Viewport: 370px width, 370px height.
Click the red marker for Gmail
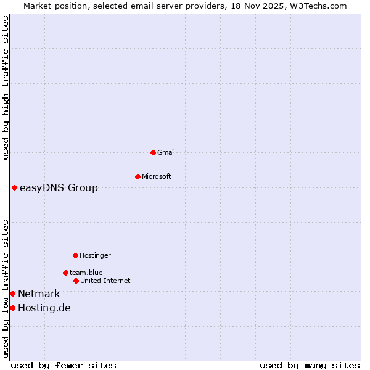coord(154,152)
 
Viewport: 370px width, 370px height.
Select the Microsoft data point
coord(138,176)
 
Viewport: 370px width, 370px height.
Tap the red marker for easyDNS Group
coord(14,187)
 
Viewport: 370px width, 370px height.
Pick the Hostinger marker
coord(75,255)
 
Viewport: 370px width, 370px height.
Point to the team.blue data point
coord(65,273)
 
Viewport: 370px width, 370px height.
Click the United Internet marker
coord(76,281)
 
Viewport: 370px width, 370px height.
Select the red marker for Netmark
coord(12,294)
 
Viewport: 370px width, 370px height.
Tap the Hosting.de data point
coord(12,308)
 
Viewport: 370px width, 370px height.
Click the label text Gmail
coord(166,152)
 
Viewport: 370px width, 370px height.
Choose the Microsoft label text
coord(157,176)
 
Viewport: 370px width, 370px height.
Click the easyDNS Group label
coord(59,187)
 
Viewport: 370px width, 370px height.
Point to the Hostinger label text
coord(95,255)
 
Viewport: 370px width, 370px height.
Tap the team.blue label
coord(86,273)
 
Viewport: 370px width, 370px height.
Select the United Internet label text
coord(105,281)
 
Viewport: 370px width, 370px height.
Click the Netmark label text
coord(39,294)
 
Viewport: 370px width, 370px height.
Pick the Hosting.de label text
coord(44,308)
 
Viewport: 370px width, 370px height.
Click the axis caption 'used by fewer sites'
coord(64,365)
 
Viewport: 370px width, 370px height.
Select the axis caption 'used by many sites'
coord(310,365)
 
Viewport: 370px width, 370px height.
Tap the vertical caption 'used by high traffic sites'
coord(6,88)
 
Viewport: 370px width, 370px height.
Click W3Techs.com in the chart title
coord(318,6)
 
